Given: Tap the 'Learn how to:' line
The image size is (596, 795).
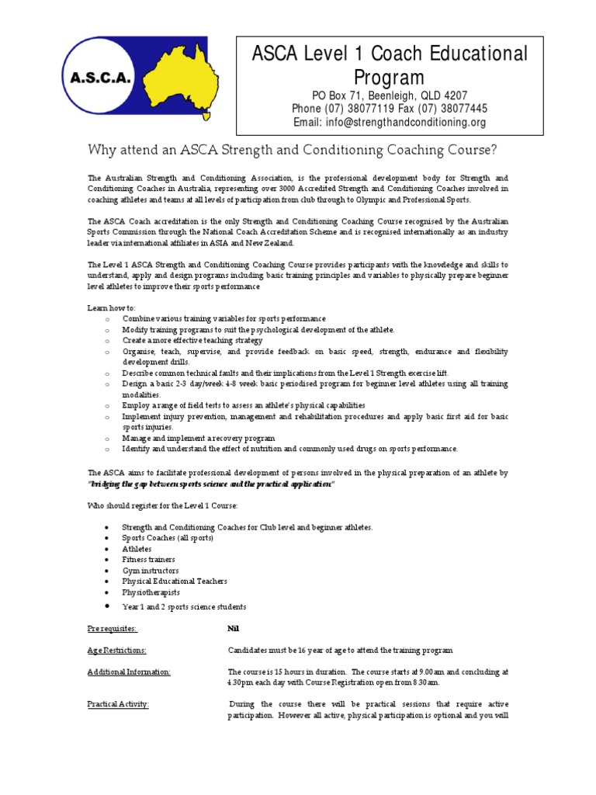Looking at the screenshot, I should pyautogui.click(x=111, y=308).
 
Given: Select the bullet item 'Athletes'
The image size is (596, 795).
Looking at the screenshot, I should pyautogui.click(x=137, y=549).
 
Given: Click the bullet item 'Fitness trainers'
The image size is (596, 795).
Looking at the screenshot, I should pyautogui.click(x=148, y=560).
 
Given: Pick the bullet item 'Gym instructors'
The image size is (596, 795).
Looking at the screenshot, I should pyautogui.click(x=150, y=571).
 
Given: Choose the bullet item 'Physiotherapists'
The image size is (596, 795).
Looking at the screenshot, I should pyautogui.click(x=151, y=592).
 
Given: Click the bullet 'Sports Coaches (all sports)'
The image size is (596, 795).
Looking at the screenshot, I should pyautogui.click(x=167, y=538).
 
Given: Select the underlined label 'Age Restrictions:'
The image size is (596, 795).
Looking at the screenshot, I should pyautogui.click(x=116, y=650).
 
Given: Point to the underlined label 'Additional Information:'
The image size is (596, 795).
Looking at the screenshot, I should pyautogui.click(x=129, y=672).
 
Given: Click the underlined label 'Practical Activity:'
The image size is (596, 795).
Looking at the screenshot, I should pyautogui.click(x=118, y=704).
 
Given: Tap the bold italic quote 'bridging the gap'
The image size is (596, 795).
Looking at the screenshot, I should pyautogui.click(x=210, y=484).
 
